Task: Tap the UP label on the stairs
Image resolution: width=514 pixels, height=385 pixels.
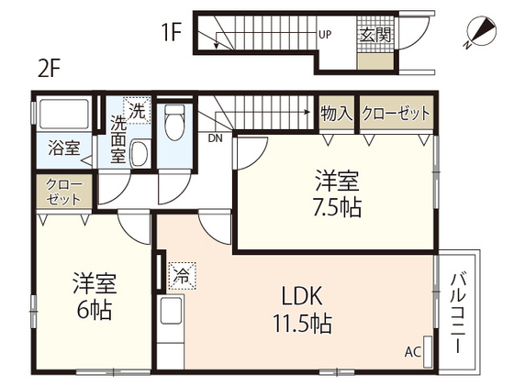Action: coord(324,36)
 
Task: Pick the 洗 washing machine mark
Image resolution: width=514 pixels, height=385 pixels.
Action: coord(136,110)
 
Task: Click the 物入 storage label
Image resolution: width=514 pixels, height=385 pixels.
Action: coord(336,114)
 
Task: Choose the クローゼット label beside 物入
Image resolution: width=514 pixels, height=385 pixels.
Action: coord(396,114)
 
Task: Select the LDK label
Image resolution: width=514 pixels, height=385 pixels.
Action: coord(300,297)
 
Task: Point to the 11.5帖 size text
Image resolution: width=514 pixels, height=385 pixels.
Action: coord(301,324)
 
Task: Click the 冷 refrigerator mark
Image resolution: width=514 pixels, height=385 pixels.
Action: coord(182,272)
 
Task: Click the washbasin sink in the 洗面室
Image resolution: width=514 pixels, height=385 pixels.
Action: coord(139,154)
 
